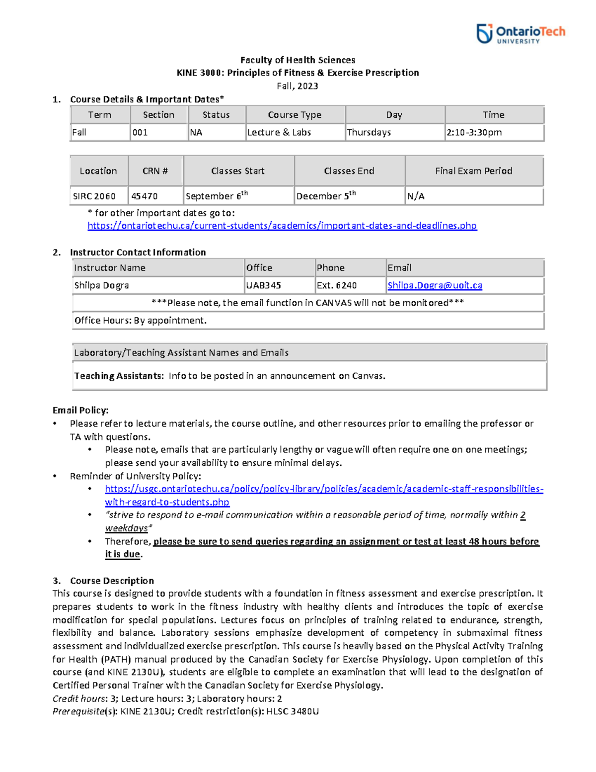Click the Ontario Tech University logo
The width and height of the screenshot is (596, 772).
click(521, 34)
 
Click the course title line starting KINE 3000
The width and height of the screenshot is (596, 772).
click(298, 73)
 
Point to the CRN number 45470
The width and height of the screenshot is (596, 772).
click(145, 196)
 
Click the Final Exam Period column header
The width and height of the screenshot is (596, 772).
click(473, 171)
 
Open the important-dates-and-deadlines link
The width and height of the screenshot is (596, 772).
click(282, 226)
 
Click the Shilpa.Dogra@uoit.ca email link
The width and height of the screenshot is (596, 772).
click(435, 285)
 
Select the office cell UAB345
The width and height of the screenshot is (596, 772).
click(263, 285)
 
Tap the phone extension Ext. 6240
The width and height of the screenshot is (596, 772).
click(337, 285)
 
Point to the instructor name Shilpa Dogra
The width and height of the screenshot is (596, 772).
click(102, 285)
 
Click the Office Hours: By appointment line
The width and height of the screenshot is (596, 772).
click(141, 321)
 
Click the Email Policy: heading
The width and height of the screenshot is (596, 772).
click(80, 410)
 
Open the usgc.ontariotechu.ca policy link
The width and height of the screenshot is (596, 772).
click(324, 489)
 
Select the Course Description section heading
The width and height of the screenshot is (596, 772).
click(112, 581)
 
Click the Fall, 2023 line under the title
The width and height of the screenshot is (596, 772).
click(298, 86)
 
